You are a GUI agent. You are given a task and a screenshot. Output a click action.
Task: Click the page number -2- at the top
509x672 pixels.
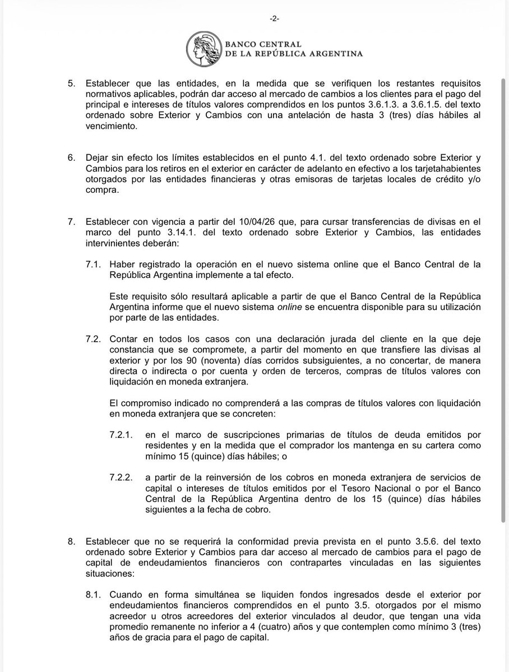coord(274,18)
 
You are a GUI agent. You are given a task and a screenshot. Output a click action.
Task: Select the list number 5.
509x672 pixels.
coord(71,82)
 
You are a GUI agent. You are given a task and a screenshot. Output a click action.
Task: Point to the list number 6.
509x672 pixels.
coord(71,158)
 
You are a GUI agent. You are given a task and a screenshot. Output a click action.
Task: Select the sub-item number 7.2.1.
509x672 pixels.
coord(121,434)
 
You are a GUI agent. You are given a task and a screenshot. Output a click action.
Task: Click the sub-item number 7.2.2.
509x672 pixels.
coord(121,476)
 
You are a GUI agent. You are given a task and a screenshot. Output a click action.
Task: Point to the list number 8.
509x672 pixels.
coord(71,541)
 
